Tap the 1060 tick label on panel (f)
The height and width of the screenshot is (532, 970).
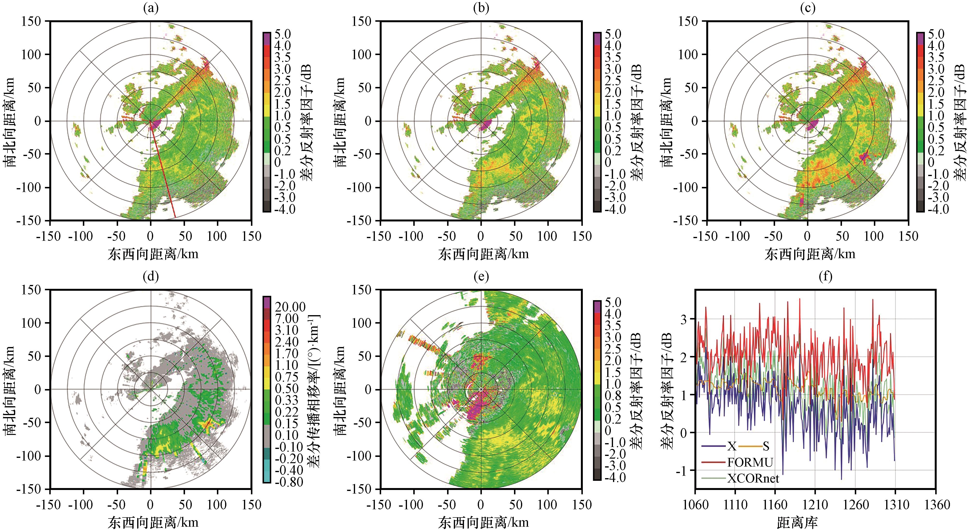[x=695, y=504]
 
